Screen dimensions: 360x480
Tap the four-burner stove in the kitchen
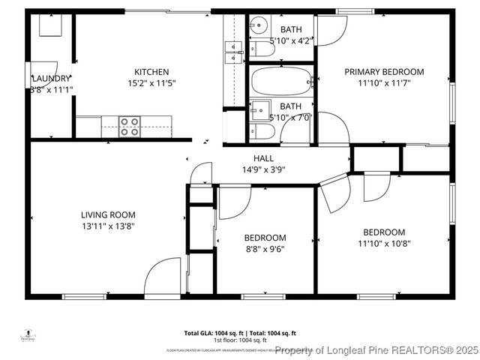tap(129, 126)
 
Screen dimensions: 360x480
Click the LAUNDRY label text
tap(51, 78)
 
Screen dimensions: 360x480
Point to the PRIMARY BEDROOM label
tap(384, 72)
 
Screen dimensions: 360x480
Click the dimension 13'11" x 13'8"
tap(108, 226)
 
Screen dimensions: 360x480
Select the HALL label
tap(263, 158)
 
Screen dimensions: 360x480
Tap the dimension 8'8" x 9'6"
tap(265, 249)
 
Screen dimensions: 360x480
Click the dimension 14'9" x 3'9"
tap(263, 169)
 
